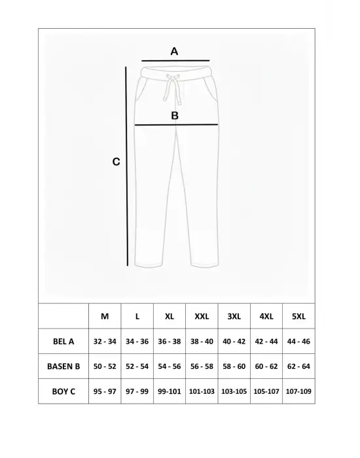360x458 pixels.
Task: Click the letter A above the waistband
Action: click(x=174, y=50)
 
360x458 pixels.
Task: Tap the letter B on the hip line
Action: click(x=175, y=116)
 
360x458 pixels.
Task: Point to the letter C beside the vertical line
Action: click(x=116, y=162)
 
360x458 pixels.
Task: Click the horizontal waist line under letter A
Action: click(x=175, y=60)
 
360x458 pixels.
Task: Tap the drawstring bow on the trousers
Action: click(x=174, y=83)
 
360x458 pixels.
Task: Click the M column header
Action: click(x=105, y=316)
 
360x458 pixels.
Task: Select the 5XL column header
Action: click(x=298, y=316)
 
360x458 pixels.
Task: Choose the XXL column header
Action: click(x=202, y=316)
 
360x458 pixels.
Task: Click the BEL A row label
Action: click(x=63, y=341)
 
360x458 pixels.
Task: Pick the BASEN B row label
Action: click(x=63, y=366)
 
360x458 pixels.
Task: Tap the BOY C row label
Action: click(x=63, y=391)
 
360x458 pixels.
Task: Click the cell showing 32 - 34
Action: click(x=105, y=341)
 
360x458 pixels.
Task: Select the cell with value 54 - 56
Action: click(x=170, y=366)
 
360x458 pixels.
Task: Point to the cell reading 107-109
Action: click(x=298, y=391)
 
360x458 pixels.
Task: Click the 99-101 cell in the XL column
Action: click(x=170, y=391)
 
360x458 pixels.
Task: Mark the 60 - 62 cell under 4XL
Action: click(x=266, y=366)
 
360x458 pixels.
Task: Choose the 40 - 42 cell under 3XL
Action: click(x=234, y=341)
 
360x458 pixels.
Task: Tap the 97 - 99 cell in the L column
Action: click(x=137, y=391)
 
